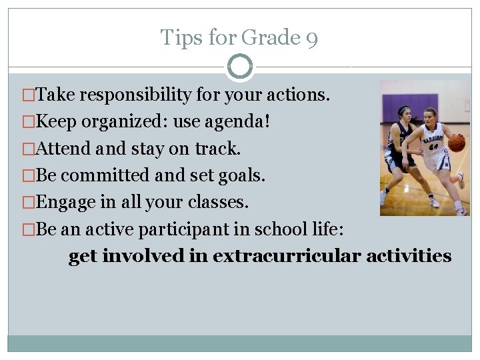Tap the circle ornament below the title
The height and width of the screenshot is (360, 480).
click(240, 67)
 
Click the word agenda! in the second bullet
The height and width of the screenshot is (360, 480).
click(249, 122)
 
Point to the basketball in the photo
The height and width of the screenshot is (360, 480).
click(457, 142)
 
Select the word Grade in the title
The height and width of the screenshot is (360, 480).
click(270, 38)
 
